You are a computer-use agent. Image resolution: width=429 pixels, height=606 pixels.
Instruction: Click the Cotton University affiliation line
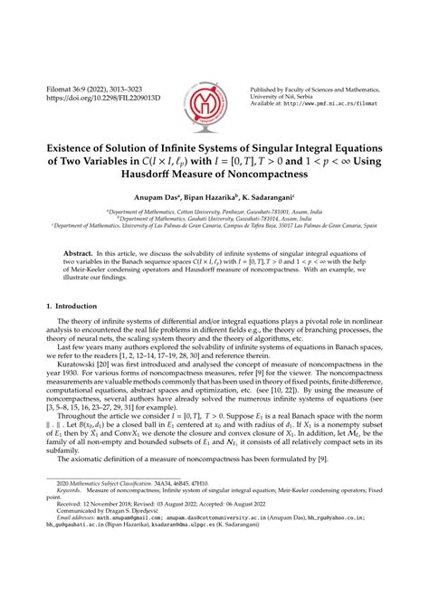(214, 216)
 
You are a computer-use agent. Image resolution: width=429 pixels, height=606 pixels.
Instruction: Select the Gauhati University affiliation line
(214, 223)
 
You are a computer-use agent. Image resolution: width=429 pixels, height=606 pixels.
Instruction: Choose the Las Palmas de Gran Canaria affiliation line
(214, 232)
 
